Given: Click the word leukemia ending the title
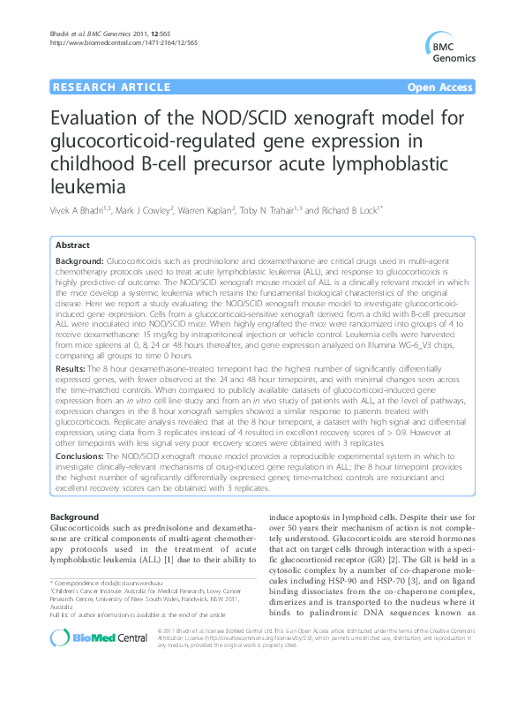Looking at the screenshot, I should pos(85,186).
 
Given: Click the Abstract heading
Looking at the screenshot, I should pos(73,245).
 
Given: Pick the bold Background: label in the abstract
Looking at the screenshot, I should pos(79,263).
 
